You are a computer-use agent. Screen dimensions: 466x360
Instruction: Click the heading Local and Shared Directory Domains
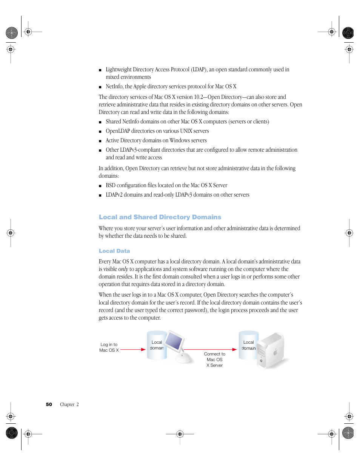click(160, 217)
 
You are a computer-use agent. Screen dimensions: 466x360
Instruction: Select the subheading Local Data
click(114, 251)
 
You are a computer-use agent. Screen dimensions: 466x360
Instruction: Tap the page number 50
click(49, 404)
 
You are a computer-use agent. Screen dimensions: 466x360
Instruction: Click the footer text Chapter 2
click(69, 404)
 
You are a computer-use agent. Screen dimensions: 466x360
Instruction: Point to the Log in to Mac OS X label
click(109, 348)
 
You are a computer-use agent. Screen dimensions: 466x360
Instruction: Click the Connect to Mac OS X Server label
click(214, 360)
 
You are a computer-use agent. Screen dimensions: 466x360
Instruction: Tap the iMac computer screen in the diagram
click(174, 341)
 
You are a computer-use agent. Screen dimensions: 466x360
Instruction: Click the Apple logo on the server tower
click(275, 353)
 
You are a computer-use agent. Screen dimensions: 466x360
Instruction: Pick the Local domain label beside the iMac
click(157, 345)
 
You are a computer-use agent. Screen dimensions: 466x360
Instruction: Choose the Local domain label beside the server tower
click(248, 345)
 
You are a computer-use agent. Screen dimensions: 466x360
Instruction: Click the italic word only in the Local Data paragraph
click(123, 269)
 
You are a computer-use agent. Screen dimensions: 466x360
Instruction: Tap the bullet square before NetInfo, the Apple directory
click(100, 87)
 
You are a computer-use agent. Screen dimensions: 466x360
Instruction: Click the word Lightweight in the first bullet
click(118, 69)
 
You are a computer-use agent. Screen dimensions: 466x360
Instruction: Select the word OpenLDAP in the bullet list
click(118, 131)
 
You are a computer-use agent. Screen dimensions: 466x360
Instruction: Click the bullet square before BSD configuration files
click(100, 186)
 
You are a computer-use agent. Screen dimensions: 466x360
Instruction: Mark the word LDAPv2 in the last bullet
click(114, 195)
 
